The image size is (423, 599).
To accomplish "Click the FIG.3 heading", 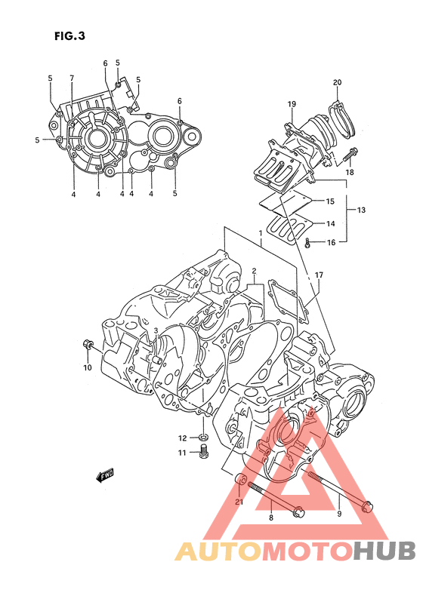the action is (69, 36).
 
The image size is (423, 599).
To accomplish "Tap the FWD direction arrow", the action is (105, 475).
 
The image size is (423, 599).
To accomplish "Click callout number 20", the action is (337, 82).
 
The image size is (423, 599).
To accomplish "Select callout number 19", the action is (292, 104).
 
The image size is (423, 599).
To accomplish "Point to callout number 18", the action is (350, 172).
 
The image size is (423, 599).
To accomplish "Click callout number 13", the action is (361, 210).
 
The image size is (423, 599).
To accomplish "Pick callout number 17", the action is (319, 275).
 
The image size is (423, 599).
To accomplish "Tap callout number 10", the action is (88, 367).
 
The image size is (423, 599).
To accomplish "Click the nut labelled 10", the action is (88, 343).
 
